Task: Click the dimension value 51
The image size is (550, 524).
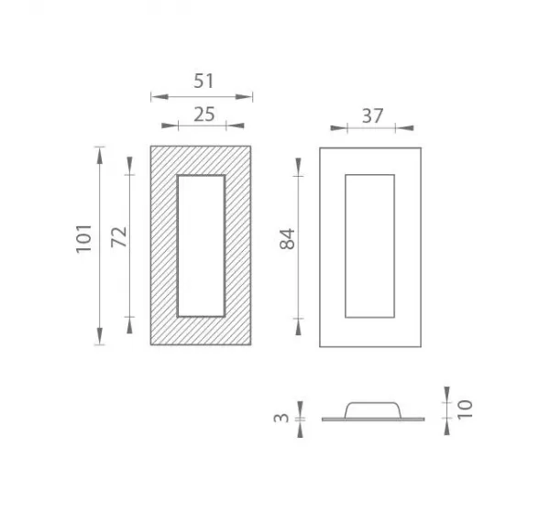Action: pyautogui.click(x=203, y=81)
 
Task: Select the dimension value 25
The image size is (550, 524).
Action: pyautogui.click(x=204, y=115)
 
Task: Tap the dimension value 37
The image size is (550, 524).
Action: pyautogui.click(x=372, y=116)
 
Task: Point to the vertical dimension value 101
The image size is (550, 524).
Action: pyautogui.click(x=84, y=239)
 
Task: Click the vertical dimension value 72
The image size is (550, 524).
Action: pyautogui.click(x=119, y=237)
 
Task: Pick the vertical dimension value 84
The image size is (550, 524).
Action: pyautogui.click(x=288, y=239)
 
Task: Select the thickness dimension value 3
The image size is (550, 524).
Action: pyautogui.click(x=281, y=418)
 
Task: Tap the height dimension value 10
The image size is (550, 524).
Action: pyautogui.click(x=466, y=409)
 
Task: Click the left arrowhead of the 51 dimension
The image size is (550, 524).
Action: pyautogui.click(x=159, y=96)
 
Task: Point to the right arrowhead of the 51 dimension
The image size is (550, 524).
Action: pyautogui.click(x=244, y=96)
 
